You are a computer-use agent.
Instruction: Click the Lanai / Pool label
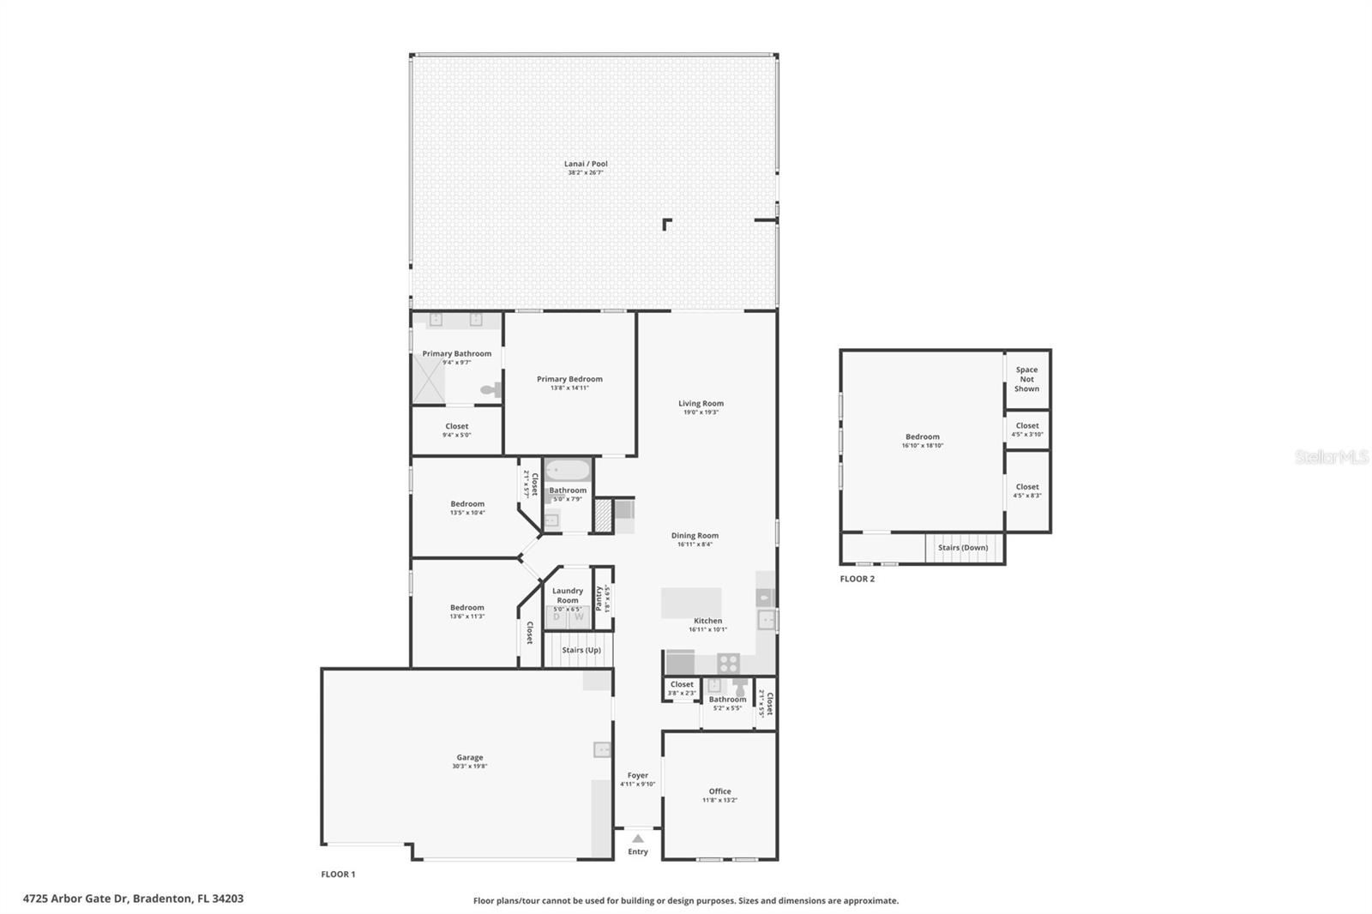click(586, 164)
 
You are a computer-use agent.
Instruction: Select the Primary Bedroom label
click(569, 379)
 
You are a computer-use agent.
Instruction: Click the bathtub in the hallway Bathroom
click(568, 471)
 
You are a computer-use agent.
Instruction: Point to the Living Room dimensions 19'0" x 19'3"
click(701, 412)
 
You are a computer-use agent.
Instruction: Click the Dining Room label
click(695, 535)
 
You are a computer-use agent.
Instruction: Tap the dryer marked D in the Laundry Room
click(557, 616)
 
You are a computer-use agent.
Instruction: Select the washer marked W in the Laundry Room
click(579, 616)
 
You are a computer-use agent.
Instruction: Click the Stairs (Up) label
click(581, 650)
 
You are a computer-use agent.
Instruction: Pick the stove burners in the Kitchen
click(728, 663)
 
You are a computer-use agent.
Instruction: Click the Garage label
click(469, 757)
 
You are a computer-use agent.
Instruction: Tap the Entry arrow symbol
click(638, 839)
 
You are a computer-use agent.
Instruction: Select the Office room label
click(719, 791)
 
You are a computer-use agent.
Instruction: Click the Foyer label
click(637, 775)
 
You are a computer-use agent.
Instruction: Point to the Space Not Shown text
click(1026, 379)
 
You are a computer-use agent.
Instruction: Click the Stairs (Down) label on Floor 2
click(962, 547)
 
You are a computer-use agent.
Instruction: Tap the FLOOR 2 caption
click(857, 579)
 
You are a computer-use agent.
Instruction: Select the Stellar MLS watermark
click(1331, 457)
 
